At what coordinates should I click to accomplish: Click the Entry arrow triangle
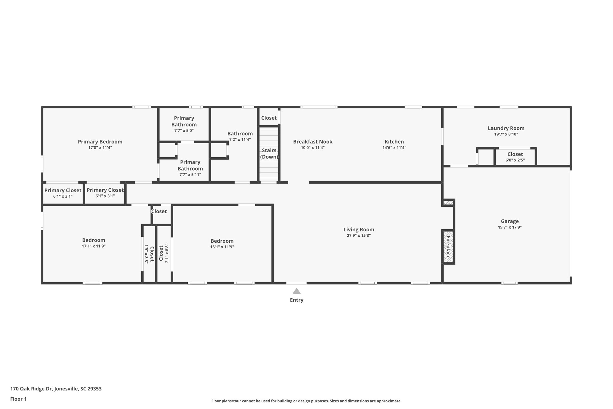[x=296, y=291]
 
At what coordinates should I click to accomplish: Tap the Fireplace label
[x=448, y=247]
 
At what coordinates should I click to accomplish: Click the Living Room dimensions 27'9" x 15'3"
[x=359, y=236]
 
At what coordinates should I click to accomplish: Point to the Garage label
[x=509, y=221]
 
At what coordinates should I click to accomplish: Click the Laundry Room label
[x=506, y=128]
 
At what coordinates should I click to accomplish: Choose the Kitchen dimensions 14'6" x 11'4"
[x=394, y=148]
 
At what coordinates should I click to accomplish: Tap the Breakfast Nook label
[x=312, y=142]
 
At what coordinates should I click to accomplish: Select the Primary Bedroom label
[x=100, y=142]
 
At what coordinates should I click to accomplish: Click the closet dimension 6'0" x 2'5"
[x=515, y=160]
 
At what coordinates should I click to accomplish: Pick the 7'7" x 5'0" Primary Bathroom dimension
[x=184, y=131]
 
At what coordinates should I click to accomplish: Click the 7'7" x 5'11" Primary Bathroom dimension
[x=190, y=174]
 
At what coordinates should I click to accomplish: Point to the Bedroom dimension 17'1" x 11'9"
[x=94, y=246]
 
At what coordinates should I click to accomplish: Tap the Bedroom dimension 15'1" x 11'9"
[x=222, y=247]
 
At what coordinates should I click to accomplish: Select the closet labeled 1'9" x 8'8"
[x=149, y=254]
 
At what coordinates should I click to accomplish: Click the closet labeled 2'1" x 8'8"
[x=164, y=254]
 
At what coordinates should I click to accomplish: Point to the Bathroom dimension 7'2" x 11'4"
[x=240, y=139]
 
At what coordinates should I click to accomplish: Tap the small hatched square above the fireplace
[x=448, y=203]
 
